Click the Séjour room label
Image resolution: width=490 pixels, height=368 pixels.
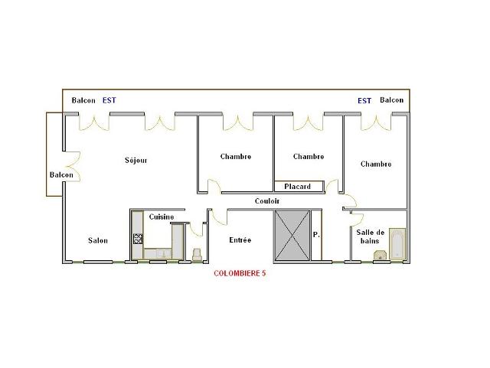tap(136, 160)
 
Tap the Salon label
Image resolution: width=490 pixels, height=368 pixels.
tap(98, 240)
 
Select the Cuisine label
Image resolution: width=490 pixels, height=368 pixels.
tap(162, 217)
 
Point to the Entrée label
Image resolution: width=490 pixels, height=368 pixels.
tap(240, 240)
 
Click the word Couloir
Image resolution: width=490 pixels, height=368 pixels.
tap(267, 201)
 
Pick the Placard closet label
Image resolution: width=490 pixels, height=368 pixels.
tap(297, 187)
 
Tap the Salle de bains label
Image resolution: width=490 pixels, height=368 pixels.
tap(371, 236)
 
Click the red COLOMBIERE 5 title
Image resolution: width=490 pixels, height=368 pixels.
tap(240, 273)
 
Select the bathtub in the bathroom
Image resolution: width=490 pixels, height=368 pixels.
tap(397, 244)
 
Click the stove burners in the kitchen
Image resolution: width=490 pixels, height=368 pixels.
tap(138, 239)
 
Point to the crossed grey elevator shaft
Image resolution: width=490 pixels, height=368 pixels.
tap(292, 235)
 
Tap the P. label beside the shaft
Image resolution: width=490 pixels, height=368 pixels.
tap(316, 235)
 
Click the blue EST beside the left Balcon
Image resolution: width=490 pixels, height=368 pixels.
tap(109, 100)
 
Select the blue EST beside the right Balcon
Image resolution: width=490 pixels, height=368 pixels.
tap(364, 100)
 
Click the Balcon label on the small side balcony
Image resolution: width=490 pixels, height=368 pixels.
tap(61, 175)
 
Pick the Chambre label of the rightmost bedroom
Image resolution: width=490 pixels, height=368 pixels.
tap(376, 164)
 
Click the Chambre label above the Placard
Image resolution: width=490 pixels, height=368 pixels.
tap(309, 157)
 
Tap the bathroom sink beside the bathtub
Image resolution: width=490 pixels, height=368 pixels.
tap(381, 255)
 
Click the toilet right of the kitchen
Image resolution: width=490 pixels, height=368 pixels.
tap(197, 254)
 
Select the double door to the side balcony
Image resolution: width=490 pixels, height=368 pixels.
tap(73, 167)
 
